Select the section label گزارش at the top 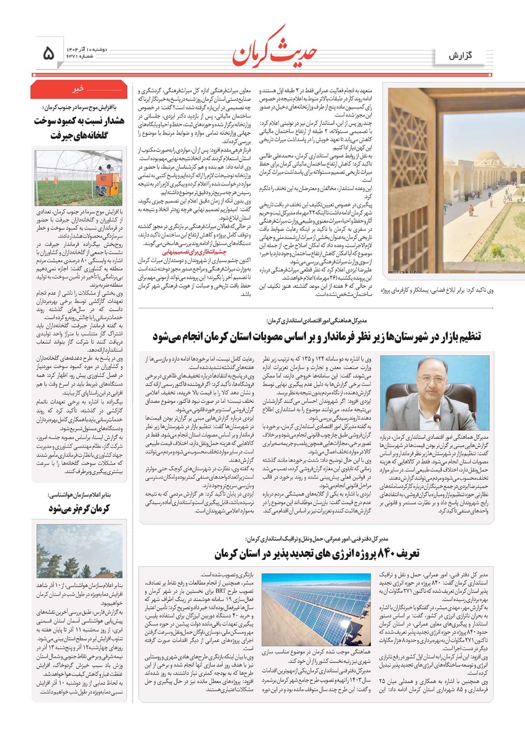[x=460, y=56]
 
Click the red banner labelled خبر [x=79, y=90]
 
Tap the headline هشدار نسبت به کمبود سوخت [x=79, y=121]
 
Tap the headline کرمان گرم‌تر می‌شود [x=79, y=509]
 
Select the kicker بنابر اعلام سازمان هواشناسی [x=80, y=495]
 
